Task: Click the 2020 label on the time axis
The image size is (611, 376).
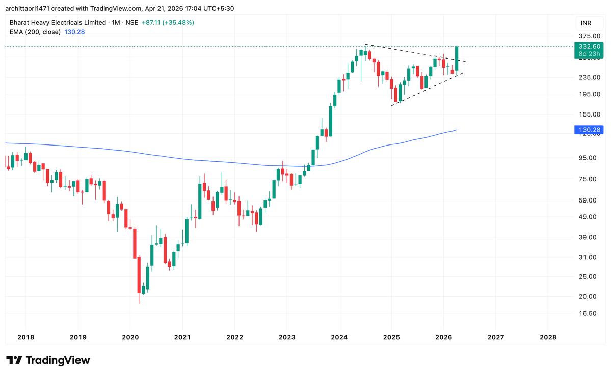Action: [x=130, y=337]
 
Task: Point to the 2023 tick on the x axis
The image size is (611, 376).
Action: [x=286, y=337]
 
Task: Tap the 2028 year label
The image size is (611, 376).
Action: [x=548, y=337]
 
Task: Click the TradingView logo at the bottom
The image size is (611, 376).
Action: [x=48, y=360]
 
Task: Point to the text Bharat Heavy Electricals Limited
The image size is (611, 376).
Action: [x=57, y=23]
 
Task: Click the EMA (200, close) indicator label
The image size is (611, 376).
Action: [x=35, y=32]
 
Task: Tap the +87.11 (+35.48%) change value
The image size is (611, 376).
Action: [x=168, y=23]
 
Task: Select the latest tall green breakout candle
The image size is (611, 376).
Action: [x=457, y=59]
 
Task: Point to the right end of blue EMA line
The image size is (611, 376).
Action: [x=457, y=130]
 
